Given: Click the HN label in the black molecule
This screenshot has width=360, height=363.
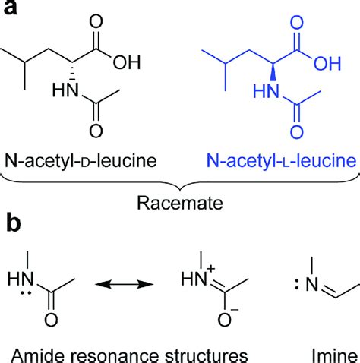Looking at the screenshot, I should [65, 92].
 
